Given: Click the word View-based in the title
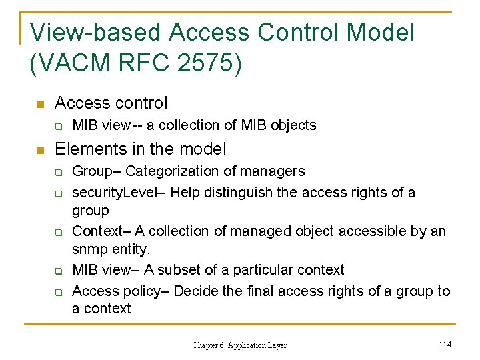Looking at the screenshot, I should [95, 32].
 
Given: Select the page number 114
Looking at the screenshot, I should [446, 344].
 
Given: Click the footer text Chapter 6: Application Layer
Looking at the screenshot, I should [239, 345].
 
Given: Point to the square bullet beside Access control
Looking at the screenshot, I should [40, 105].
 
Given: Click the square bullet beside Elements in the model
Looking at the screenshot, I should [40, 150].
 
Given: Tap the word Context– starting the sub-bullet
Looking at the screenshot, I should [101, 231].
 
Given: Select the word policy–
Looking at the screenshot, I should [144, 291].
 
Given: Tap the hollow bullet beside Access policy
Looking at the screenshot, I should [58, 293].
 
